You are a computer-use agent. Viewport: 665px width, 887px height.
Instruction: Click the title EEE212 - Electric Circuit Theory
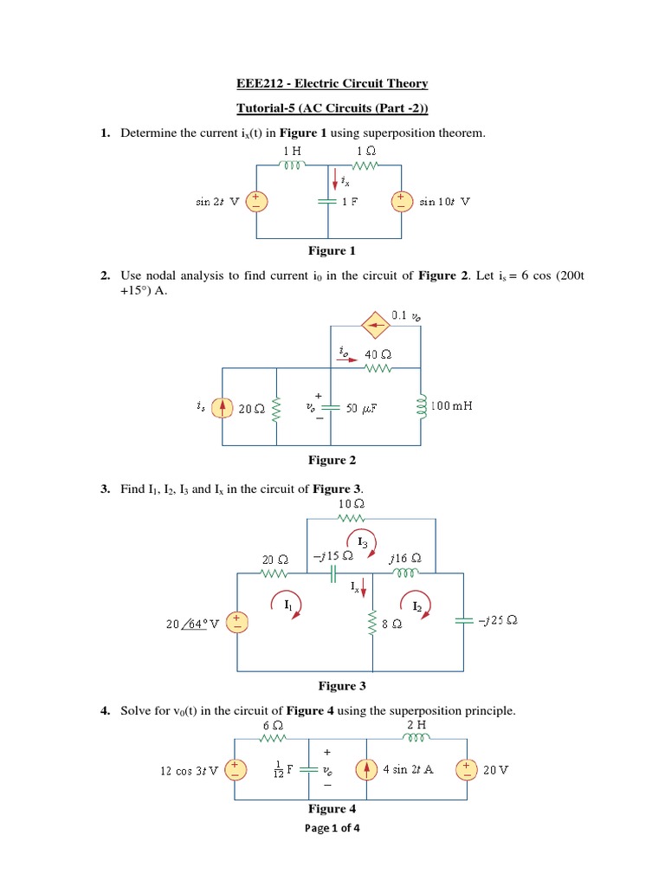(x=332, y=83)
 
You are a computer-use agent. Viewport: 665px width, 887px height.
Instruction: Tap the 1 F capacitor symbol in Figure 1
(x=327, y=201)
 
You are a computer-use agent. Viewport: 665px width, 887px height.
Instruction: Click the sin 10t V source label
(x=445, y=202)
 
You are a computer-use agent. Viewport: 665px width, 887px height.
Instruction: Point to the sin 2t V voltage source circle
(x=257, y=202)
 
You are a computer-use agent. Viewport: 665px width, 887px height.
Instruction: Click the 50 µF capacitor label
(x=364, y=408)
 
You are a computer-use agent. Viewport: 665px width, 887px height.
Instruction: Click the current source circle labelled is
(x=223, y=406)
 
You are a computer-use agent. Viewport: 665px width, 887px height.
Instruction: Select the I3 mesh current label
(x=364, y=541)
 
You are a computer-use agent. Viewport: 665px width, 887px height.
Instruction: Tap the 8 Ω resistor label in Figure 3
(x=391, y=622)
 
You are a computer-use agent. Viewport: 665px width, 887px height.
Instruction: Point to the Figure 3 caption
(x=337, y=686)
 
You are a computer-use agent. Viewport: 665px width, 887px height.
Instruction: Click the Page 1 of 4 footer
(x=332, y=828)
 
